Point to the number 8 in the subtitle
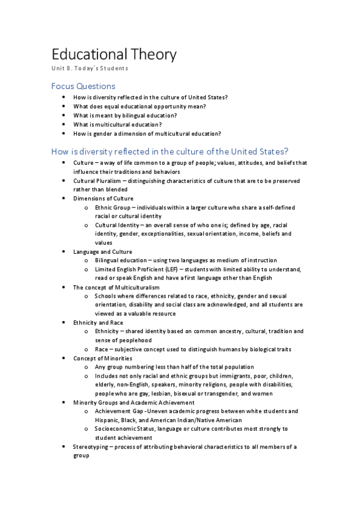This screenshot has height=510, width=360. pos(71,69)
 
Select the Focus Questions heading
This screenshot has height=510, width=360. pos(83,86)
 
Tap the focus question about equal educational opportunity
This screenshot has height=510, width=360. pos(139,106)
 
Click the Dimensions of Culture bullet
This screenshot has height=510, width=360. pos(103,198)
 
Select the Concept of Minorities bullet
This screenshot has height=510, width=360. pos(100,358)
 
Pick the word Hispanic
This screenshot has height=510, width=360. pos(108,420)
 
